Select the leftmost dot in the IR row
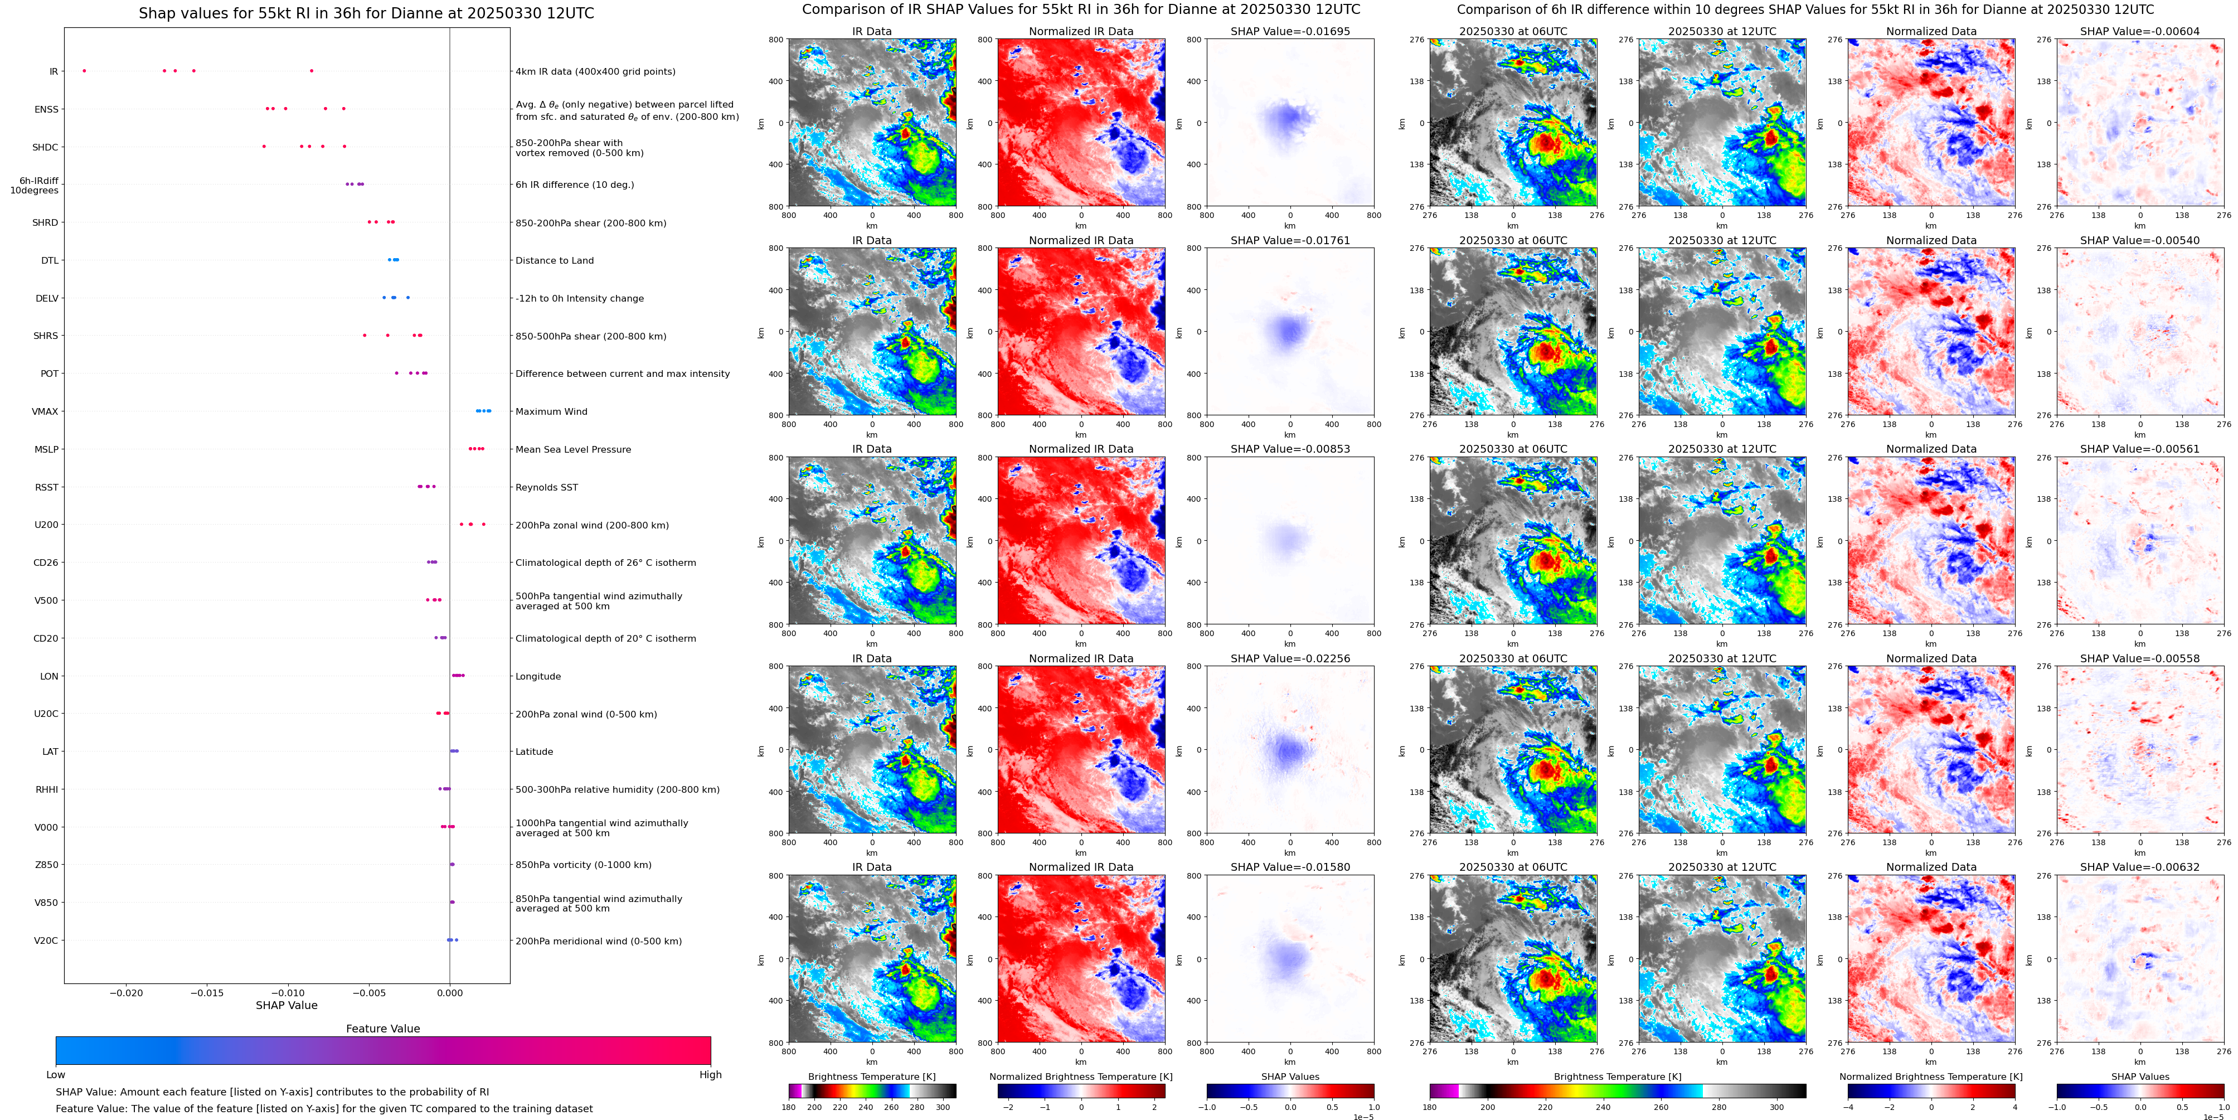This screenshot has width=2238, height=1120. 84,70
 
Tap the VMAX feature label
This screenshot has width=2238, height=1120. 45,412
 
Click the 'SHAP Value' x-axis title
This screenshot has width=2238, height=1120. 286,1005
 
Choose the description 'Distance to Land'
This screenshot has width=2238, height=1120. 554,261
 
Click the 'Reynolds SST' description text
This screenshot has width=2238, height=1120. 546,487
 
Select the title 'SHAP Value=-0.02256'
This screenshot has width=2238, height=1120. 1290,658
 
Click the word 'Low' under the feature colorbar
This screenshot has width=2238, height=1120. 56,1075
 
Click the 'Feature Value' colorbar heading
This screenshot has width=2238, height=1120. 382,1029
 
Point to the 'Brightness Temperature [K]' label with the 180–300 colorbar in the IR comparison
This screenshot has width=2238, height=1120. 871,1077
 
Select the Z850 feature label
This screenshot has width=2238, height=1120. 46,865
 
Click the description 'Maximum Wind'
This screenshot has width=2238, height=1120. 551,412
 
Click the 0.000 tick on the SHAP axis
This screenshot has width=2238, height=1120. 449,993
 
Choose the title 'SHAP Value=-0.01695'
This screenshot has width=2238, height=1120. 1290,31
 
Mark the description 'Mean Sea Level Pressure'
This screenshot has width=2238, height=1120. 572,449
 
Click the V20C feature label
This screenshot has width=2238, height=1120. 46,940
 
